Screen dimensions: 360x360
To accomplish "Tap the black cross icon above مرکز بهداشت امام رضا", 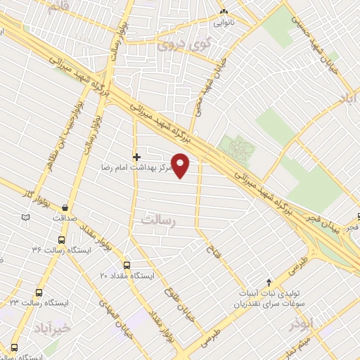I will tap(136, 155).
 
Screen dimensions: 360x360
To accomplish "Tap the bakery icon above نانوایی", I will tap(224, 12).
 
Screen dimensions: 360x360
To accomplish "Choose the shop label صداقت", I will tap(67, 218).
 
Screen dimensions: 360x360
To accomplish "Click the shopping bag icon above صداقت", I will tap(65, 207).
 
